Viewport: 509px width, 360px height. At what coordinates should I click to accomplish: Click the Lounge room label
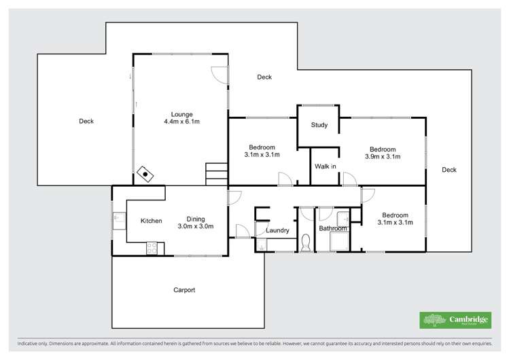click(x=181, y=114)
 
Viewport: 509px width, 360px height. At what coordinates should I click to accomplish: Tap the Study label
click(x=319, y=125)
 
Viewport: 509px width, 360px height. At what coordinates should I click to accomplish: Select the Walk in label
click(x=325, y=166)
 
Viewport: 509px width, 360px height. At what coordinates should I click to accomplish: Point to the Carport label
click(x=184, y=290)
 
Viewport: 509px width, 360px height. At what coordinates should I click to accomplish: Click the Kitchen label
click(x=151, y=221)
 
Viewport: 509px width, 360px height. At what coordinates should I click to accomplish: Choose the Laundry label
click(x=278, y=230)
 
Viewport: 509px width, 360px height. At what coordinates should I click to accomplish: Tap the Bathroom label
click(x=333, y=228)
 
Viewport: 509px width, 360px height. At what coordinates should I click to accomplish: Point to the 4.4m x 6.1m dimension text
click(x=181, y=122)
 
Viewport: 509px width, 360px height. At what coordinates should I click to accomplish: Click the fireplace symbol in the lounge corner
click(x=145, y=174)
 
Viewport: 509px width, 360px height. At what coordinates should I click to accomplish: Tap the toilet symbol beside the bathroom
click(x=306, y=242)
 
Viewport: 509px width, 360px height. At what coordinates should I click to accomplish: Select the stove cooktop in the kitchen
click(x=152, y=248)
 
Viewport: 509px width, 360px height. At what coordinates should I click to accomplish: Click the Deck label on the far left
click(x=86, y=122)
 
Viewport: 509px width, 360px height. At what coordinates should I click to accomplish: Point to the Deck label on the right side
click(x=449, y=170)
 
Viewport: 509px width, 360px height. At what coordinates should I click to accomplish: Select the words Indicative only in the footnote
click(x=33, y=343)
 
